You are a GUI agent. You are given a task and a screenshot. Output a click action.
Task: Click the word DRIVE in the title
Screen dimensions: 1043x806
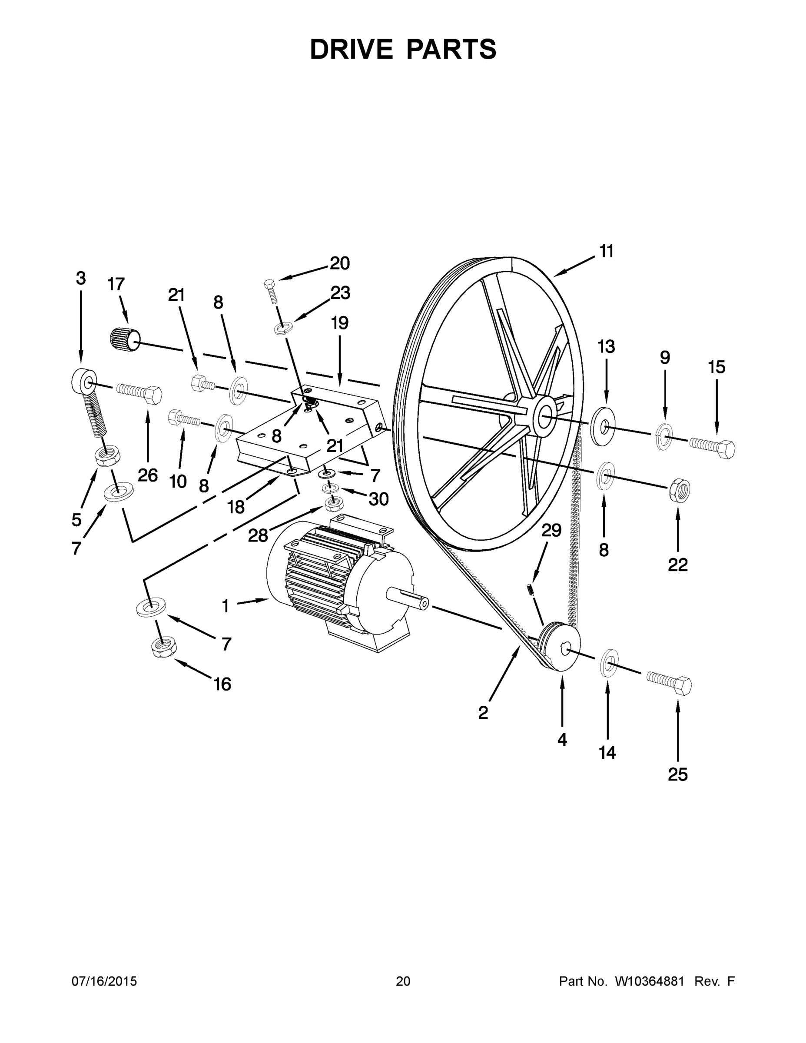coord(351,49)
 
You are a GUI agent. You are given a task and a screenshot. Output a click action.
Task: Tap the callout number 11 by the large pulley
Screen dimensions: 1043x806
coord(606,251)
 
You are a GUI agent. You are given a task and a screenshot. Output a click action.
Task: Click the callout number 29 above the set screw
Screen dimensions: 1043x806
coord(551,530)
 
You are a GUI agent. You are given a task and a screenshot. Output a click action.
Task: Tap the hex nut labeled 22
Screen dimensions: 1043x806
coord(680,489)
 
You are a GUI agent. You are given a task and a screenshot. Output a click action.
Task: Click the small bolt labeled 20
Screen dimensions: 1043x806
coord(270,290)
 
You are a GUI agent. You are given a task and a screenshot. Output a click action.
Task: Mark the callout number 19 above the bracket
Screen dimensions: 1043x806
coord(339,323)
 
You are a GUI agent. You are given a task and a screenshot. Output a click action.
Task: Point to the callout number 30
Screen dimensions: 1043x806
coord(378,499)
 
